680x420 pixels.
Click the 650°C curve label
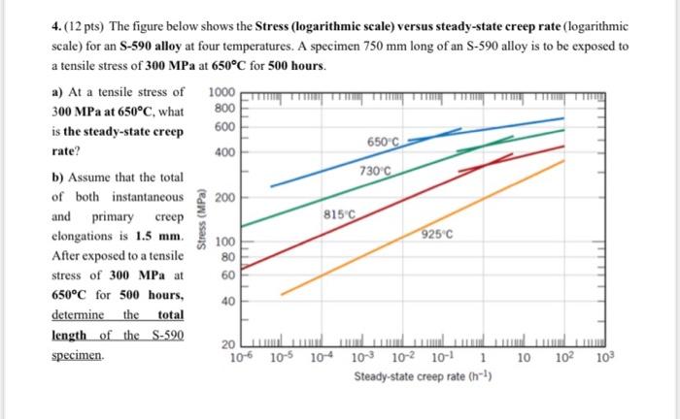coord(384,142)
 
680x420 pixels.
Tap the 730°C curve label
coord(374,172)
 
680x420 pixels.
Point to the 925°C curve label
coord(439,234)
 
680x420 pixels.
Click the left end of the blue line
coord(271,184)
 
